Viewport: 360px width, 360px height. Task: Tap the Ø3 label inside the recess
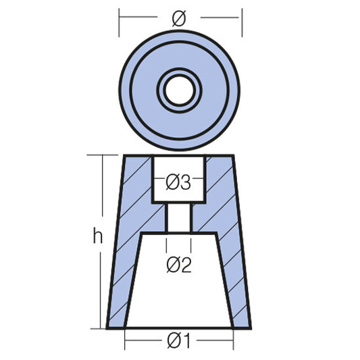(x=179, y=182)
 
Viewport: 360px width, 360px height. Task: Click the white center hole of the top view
(x=179, y=89)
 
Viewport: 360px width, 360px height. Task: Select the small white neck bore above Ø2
(x=179, y=217)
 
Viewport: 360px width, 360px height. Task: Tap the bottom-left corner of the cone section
(x=107, y=328)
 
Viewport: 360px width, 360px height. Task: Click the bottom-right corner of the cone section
(x=251, y=328)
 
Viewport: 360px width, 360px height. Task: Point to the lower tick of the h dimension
(x=103, y=328)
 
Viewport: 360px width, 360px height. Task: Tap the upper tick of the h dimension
(x=103, y=155)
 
